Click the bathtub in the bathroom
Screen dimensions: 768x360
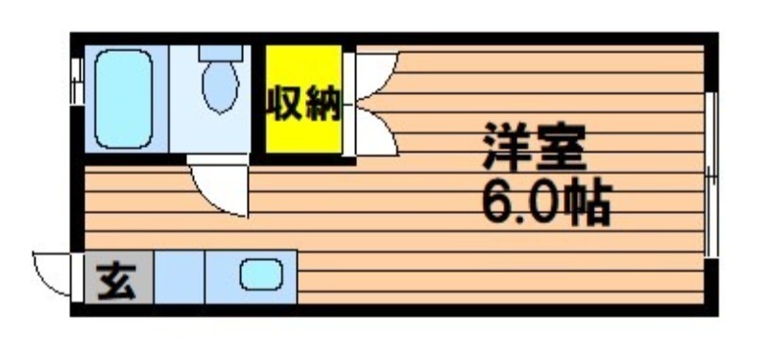coord(124,99)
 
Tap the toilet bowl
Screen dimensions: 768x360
coord(221,86)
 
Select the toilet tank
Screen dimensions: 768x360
coord(221,53)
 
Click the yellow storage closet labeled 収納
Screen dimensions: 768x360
coord(303,99)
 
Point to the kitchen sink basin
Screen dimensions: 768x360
coord(261,275)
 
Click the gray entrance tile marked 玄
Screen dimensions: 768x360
coord(119,277)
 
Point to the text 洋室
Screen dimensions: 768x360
coord(534,147)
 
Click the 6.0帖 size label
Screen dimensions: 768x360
coord(546,204)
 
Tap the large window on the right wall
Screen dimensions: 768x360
coord(711,175)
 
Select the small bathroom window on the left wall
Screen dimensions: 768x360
coord(77,82)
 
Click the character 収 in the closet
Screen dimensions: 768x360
coord(284,104)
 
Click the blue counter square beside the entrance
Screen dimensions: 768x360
coord(180,277)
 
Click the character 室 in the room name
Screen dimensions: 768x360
coord(562,147)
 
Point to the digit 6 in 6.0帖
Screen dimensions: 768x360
coord(498,204)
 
